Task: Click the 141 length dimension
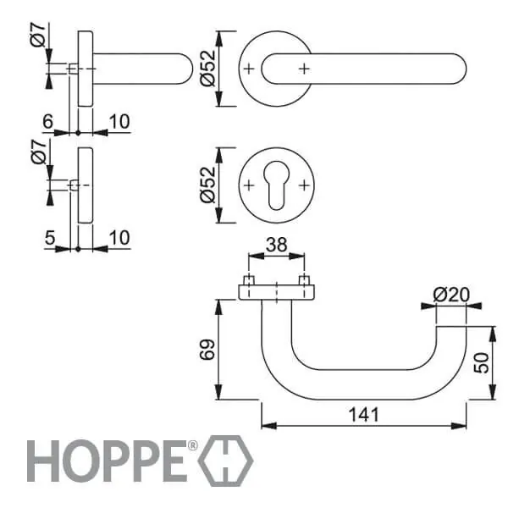pos(363,415)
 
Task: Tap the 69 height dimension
pos(207,350)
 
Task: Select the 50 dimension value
pos(481,363)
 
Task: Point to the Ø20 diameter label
pos(451,295)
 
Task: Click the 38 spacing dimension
pos(276,245)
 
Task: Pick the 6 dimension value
pos(48,121)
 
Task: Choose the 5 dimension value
pos(50,238)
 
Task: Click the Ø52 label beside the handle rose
pos(207,69)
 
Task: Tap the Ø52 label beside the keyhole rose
pos(207,185)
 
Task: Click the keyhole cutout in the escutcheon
pos(276,185)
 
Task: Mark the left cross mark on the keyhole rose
pos(249,185)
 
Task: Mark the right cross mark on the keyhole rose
pos(304,185)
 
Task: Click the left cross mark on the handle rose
pos(249,69)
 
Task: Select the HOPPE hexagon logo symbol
pos(226,461)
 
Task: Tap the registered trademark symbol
pos(192,445)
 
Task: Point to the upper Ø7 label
pos(39,35)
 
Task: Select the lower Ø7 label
pos(39,152)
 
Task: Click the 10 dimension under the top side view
pos(119,121)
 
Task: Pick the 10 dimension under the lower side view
pos(119,238)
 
